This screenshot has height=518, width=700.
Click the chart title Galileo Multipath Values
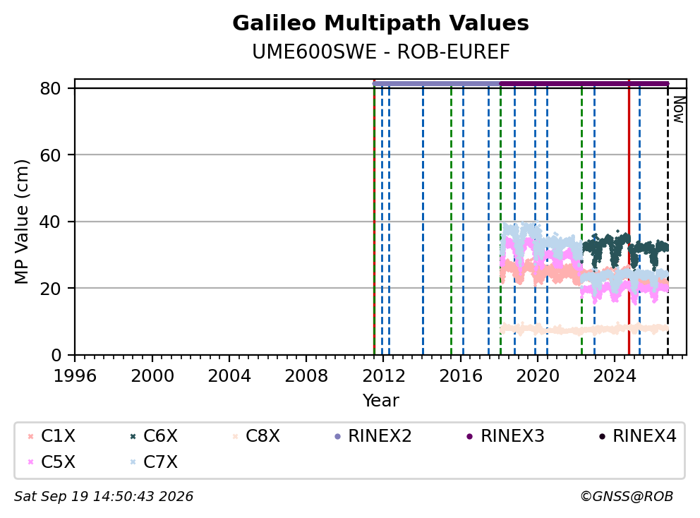[380, 23]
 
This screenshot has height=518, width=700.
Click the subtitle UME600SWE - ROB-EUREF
[380, 52]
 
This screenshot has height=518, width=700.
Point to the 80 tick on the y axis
[50, 88]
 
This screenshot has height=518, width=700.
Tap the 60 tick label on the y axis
[50, 155]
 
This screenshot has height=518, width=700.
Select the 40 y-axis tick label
[50, 222]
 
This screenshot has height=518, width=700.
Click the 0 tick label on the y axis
[56, 356]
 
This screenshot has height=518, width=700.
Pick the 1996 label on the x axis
[75, 376]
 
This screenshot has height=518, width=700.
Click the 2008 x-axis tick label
[306, 376]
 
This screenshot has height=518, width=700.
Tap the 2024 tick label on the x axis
[615, 376]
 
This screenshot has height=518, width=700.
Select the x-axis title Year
[380, 401]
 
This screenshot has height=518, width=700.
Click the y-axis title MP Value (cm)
[21, 222]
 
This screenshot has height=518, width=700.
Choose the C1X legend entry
[52, 436]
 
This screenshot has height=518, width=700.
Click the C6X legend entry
[154, 436]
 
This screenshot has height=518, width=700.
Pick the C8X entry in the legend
[256, 436]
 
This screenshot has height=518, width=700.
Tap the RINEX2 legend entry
[373, 436]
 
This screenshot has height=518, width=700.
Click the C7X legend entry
[154, 462]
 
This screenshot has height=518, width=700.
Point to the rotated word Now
[679, 109]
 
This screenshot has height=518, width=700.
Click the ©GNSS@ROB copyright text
[627, 497]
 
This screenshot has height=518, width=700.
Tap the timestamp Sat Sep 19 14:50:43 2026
[104, 497]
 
